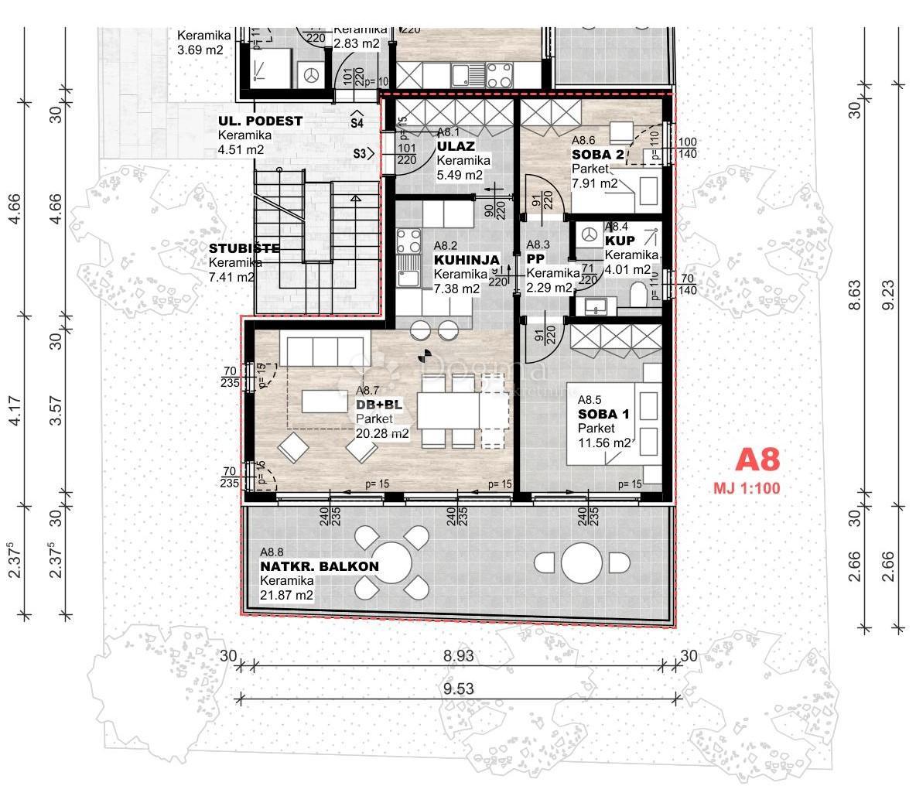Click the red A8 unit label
coord(757,460)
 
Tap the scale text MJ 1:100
coord(746,488)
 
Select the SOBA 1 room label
coord(603,414)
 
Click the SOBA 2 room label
coord(598,155)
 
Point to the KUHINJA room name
coord(467,260)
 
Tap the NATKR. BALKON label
coord(319,566)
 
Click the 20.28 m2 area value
coord(382,434)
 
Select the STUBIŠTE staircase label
coord(244,248)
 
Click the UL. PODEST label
coord(260,121)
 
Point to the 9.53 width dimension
coord(459,689)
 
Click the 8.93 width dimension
coord(459,655)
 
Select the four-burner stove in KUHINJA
coord(409,241)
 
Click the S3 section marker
coord(361,154)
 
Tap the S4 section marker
coord(357,120)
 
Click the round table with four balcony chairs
coord(391,562)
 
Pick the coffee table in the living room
coord(324,401)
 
